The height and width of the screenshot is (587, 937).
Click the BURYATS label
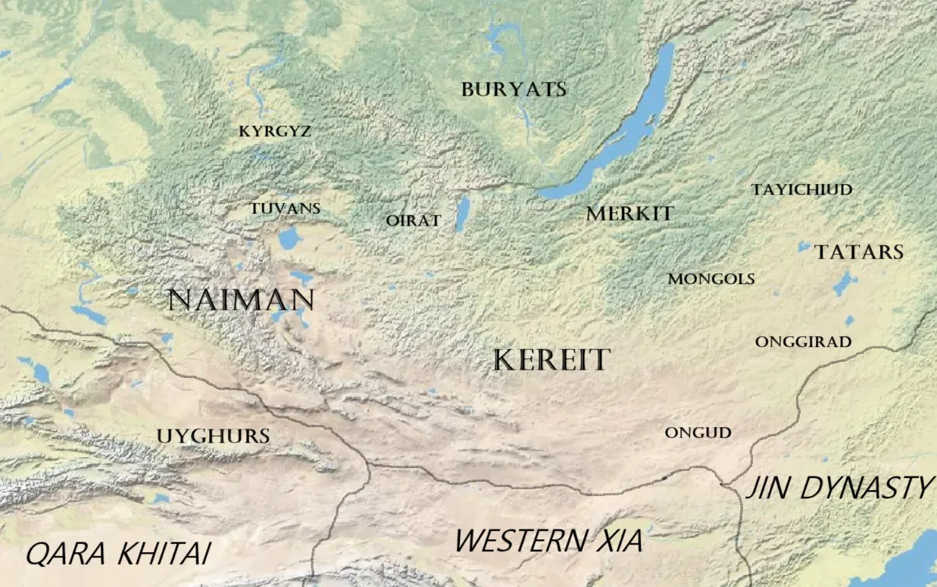coord(514,89)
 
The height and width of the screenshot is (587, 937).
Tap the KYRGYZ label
coord(275,132)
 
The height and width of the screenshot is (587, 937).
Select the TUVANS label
coord(286,208)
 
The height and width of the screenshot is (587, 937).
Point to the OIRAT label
coord(413,220)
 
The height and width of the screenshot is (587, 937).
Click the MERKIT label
coord(629,214)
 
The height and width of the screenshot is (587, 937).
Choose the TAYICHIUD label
coord(801,189)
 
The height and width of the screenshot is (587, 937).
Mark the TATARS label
coord(859,252)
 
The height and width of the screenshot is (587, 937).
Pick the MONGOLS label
coord(711,279)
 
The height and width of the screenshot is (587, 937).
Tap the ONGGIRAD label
coord(803,342)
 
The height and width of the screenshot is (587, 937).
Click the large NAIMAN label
coord(241,300)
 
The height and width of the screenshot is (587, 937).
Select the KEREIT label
coord(551,361)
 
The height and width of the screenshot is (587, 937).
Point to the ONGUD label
coord(698,433)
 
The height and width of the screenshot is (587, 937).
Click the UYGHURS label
coord(213,436)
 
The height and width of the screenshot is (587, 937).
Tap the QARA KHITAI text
coord(117,554)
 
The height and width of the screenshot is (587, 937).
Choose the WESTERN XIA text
coord(548,541)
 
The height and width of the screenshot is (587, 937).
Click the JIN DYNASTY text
coord(839,489)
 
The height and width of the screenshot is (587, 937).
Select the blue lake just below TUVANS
coord(289,239)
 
